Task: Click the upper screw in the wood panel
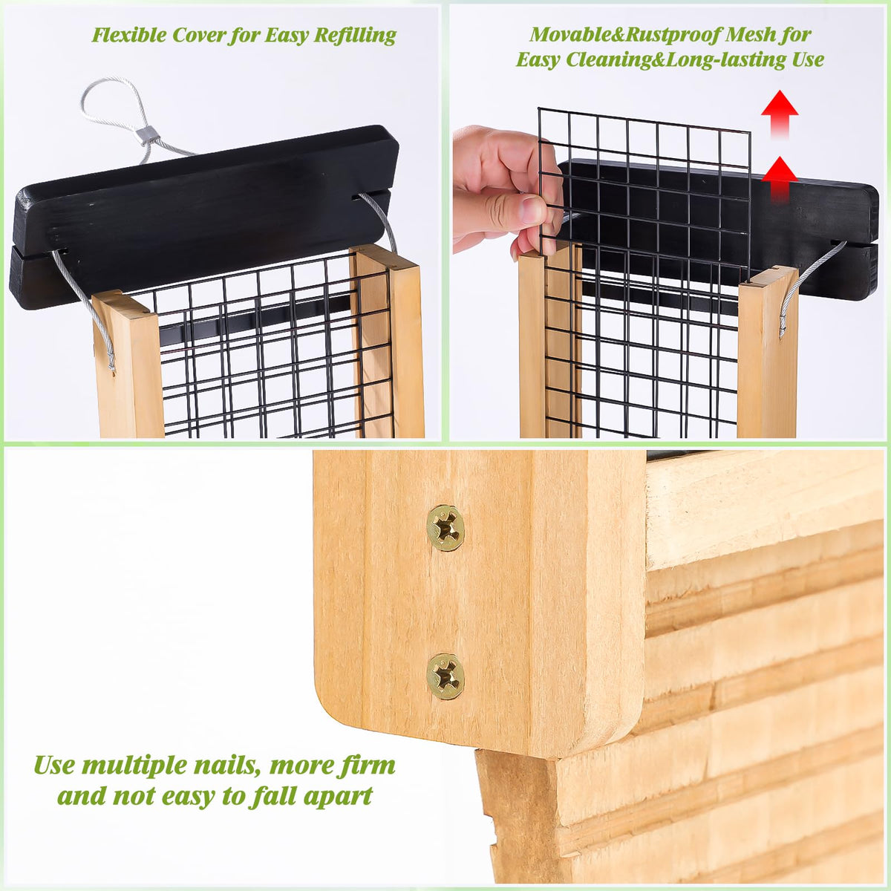[x=446, y=528]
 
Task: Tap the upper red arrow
[x=780, y=114]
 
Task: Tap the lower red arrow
[x=780, y=180]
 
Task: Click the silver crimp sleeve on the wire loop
[x=146, y=134]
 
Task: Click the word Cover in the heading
[x=199, y=35]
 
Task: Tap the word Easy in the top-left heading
[x=287, y=36]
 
